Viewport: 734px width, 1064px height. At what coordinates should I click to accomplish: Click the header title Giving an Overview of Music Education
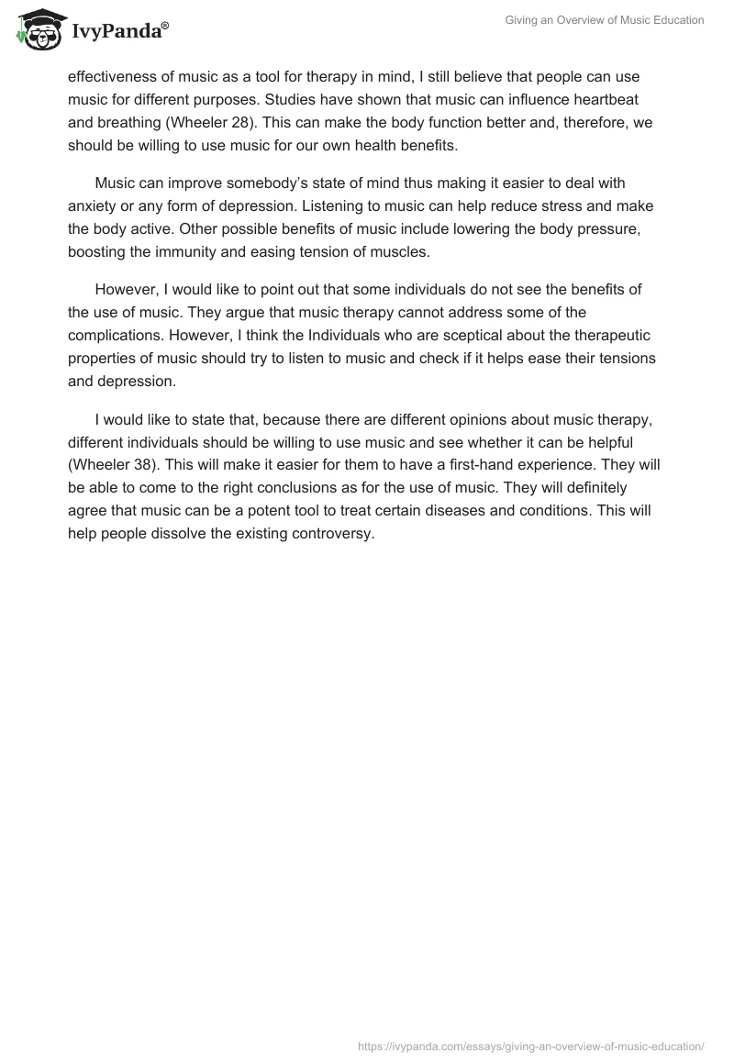click(x=605, y=21)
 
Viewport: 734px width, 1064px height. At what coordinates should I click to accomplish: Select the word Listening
click(x=343, y=205)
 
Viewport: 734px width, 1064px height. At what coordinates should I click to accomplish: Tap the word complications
click(x=115, y=336)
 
